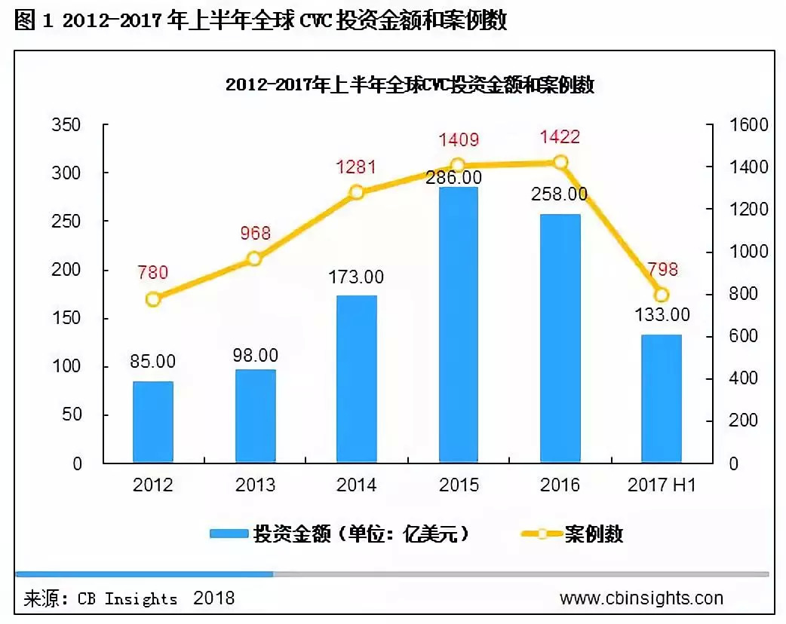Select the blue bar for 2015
(458, 324)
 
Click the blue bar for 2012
(153, 421)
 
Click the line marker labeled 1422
(560, 162)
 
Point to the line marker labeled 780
(153, 299)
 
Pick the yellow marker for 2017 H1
(662, 295)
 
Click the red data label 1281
(357, 167)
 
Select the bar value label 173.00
(357, 277)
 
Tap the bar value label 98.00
(255, 355)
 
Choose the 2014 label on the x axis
(357, 485)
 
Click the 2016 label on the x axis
(560, 485)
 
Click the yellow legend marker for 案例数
(542, 534)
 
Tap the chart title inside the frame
(410, 85)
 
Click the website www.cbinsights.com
(641, 598)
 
